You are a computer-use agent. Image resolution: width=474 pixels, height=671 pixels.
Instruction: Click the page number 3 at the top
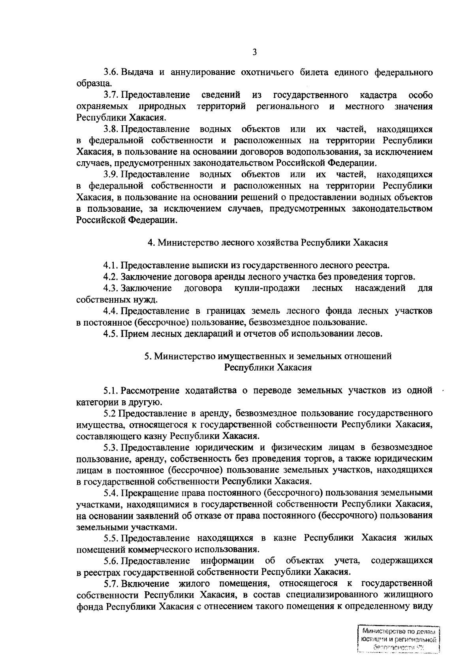254,51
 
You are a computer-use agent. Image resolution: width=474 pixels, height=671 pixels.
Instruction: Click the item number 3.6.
111,73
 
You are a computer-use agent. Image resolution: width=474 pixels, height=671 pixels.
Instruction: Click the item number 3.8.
111,129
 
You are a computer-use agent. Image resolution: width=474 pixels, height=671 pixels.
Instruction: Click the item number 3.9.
111,174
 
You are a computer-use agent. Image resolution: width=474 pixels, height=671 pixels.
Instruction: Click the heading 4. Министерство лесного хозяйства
267,243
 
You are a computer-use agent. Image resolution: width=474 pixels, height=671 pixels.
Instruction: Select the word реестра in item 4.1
375,265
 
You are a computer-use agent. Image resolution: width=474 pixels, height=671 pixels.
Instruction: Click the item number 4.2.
111,277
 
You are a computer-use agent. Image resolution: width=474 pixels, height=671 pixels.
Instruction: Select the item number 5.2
109,414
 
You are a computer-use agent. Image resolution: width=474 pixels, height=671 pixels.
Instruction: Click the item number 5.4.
111,493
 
